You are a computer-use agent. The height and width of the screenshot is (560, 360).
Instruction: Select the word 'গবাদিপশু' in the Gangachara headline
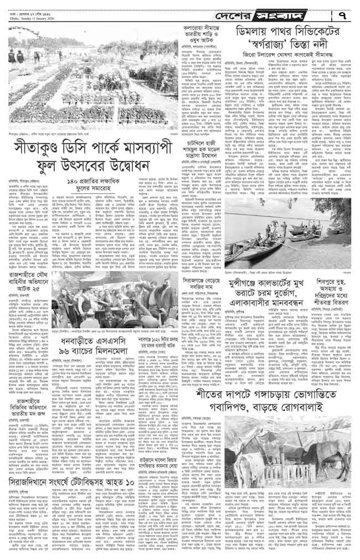click(208, 410)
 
